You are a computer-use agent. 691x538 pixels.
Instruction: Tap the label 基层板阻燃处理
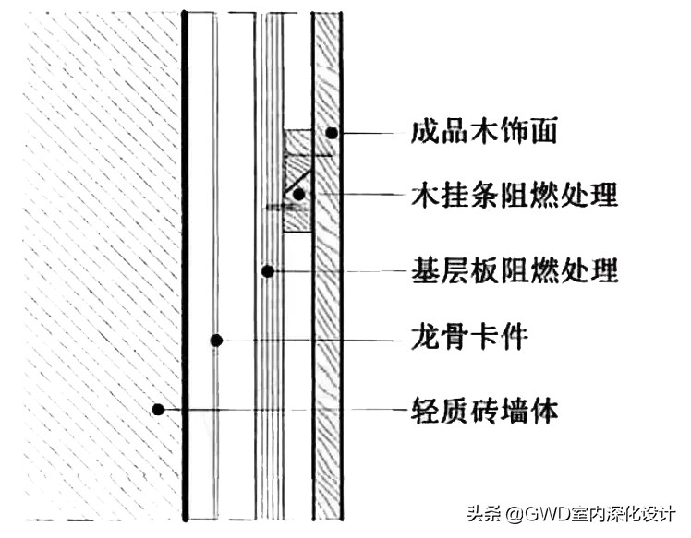[x=514, y=271]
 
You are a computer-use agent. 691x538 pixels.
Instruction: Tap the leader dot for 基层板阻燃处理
[x=267, y=271]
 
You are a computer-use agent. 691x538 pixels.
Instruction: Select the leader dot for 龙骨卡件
[x=216, y=339]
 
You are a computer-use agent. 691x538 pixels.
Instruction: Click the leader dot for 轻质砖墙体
[x=159, y=408]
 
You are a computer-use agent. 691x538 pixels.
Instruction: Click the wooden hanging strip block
[x=297, y=181]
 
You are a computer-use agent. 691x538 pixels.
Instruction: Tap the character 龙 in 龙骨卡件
[x=424, y=338]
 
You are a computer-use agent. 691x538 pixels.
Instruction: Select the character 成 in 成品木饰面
[x=424, y=133]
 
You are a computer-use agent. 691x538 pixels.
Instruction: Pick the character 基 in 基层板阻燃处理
[x=424, y=271]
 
